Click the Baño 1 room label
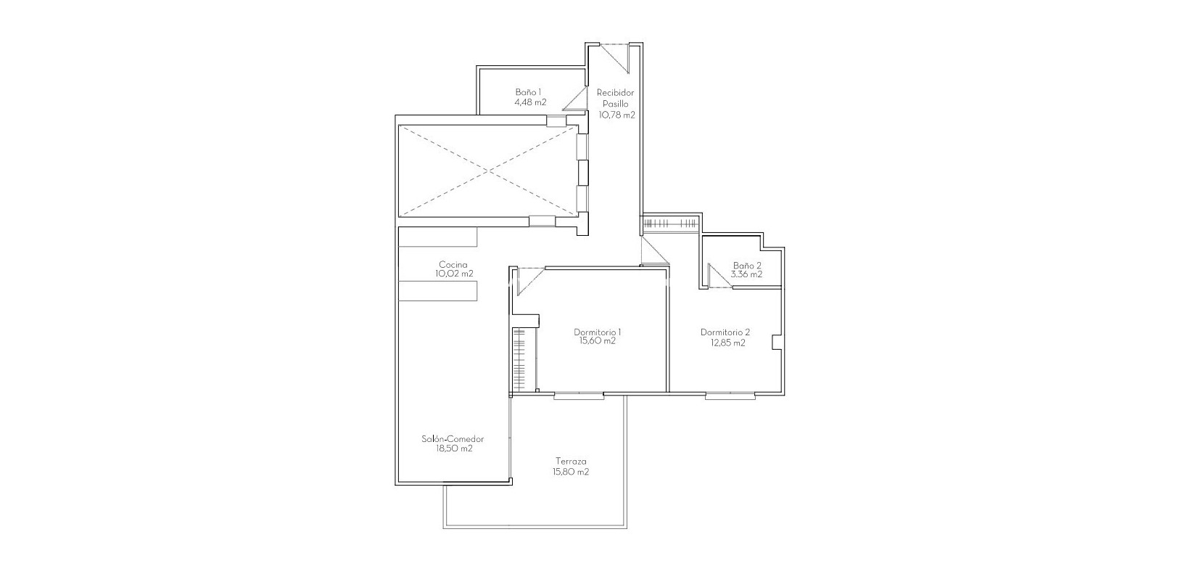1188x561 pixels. (528, 92)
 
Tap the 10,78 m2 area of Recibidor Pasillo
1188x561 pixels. (616, 115)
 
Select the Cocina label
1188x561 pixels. (453, 264)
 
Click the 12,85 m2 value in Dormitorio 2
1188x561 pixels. (727, 343)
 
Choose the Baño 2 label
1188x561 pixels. (747, 265)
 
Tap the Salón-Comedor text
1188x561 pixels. (453, 439)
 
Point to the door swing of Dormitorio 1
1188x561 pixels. (528, 280)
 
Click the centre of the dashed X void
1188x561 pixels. (489, 171)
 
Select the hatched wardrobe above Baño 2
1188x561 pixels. (670, 223)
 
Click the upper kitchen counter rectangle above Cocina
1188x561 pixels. (437, 237)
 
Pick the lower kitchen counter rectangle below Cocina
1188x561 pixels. (437, 291)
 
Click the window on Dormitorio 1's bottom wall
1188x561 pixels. (578, 396)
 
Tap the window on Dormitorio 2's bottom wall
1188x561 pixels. (730, 396)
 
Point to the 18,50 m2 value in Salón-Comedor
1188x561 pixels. (453, 449)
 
